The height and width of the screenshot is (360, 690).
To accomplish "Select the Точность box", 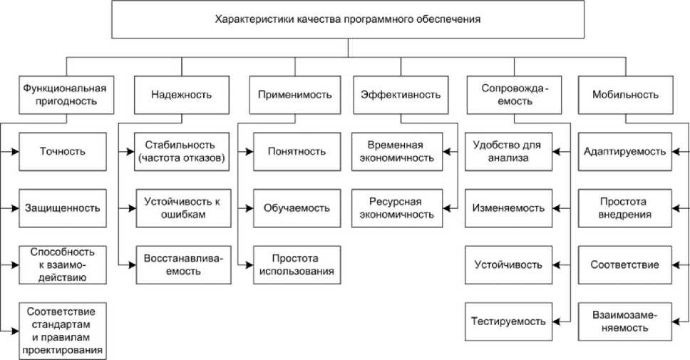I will (63, 151).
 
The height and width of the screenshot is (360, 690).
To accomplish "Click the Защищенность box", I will (63, 208).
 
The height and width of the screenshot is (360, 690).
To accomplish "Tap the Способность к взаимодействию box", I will (63, 264).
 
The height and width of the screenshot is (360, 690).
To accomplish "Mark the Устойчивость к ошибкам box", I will (181, 208).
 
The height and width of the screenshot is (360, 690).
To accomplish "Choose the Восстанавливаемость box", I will (181, 264).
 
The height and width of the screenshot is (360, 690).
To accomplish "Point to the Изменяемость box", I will (508, 208).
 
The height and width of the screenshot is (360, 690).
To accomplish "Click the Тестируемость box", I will (508, 322).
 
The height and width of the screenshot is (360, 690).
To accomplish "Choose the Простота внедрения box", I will (624, 208).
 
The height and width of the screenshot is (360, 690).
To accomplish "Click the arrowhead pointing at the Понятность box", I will (248, 151).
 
